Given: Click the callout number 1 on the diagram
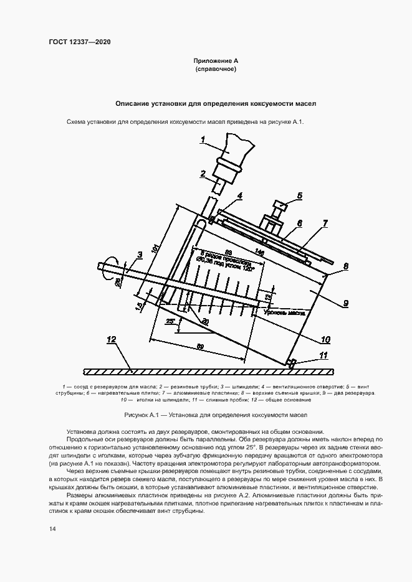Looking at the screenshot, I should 203,141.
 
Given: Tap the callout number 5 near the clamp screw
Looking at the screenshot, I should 299,195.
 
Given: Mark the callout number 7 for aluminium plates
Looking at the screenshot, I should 325,222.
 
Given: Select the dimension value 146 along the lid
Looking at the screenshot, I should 259,253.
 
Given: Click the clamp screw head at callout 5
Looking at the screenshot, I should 279,205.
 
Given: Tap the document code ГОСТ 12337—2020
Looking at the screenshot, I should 80,42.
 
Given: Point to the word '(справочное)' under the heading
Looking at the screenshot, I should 215,69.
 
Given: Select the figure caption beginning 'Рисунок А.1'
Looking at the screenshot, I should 206,414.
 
